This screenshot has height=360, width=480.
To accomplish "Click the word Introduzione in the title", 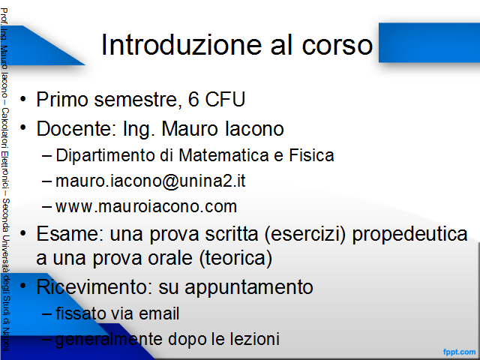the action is pos(181,45).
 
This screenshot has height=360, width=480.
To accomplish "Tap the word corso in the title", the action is pos(337,45).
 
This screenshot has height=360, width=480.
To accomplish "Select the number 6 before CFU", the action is pos(193,99).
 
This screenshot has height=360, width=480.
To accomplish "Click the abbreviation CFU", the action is pos(225,99).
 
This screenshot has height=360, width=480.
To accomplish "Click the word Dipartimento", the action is pos(105,155).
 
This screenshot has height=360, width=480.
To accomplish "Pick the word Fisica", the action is pos(311,155).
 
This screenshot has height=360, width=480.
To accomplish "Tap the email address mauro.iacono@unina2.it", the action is pos(150,181).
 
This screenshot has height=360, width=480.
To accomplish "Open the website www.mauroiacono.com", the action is pos(146,207).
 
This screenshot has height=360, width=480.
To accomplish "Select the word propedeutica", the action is pos(409,235).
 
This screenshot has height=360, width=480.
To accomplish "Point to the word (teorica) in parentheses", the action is pos(235,258).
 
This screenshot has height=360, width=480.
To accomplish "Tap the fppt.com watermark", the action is pos(459,352).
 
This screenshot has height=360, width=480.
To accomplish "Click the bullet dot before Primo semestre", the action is pos(23,99).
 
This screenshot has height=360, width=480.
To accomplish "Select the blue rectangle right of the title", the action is pos(429,43).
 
